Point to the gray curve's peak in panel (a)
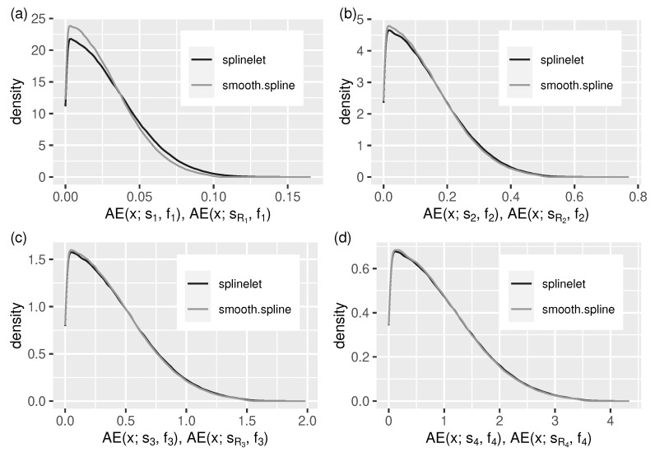point(72,26)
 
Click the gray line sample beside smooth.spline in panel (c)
point(197,310)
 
